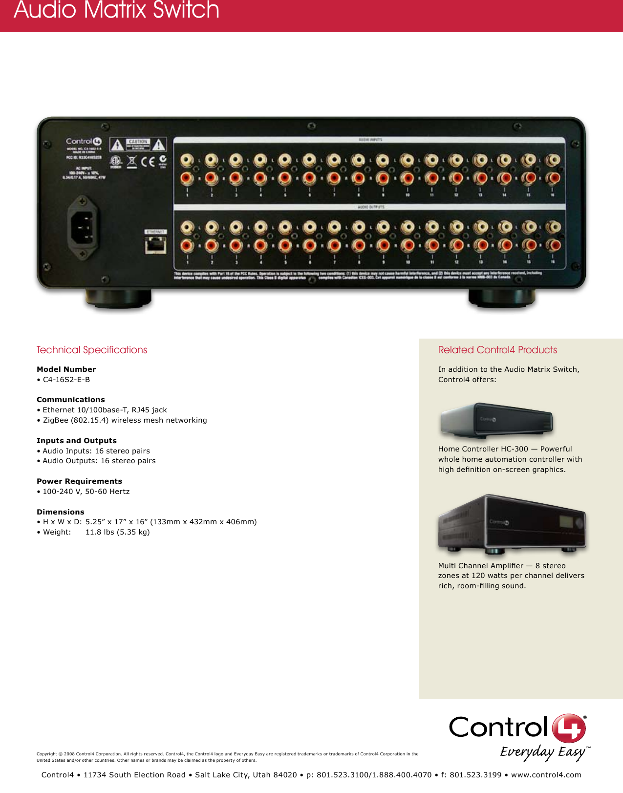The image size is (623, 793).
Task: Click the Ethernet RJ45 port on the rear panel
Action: point(155,245)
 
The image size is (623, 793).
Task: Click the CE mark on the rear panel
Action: point(148,161)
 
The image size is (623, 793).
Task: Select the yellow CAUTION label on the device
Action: point(138,144)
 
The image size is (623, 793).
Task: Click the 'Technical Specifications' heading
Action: point(92,350)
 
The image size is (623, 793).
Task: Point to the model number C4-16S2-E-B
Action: point(66,380)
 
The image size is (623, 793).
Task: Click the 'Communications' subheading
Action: point(71,400)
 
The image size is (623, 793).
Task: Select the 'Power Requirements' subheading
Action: point(80,481)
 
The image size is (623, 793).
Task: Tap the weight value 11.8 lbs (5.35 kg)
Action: point(118,532)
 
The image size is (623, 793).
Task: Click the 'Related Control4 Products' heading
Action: point(497,350)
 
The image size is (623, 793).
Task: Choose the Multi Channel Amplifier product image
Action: point(512,524)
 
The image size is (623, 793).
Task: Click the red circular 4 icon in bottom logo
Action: point(569,728)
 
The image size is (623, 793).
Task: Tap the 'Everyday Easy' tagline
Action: point(542,752)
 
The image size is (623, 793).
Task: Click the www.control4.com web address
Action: point(546,775)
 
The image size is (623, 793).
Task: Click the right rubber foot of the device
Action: point(502,299)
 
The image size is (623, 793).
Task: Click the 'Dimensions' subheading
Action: point(61,512)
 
